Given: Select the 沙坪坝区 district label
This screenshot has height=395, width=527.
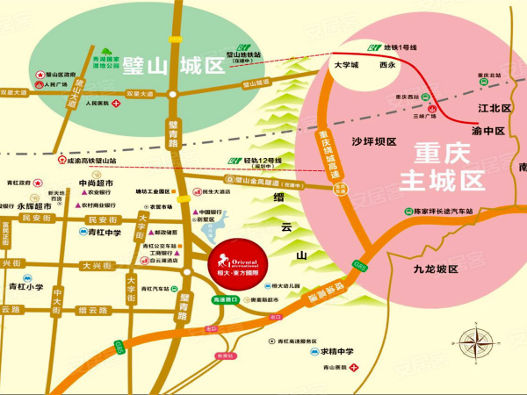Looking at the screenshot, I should coord(374,141).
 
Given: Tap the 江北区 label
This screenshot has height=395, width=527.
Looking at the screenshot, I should coord(493,109).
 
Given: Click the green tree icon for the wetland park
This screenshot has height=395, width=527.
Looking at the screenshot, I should coord(108,54).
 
